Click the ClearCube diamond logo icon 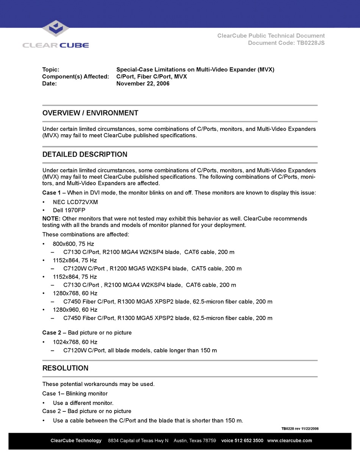click(x=55, y=28)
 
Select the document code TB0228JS click(x=310, y=43)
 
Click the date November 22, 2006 click(x=143, y=83)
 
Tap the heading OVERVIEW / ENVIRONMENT click(x=90, y=113)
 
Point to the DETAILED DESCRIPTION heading click(x=85, y=154)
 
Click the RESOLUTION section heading click(x=66, y=368)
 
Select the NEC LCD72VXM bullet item click(x=75, y=202)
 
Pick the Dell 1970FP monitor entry click(x=69, y=210)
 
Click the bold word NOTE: click(x=51, y=218)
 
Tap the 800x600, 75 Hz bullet click(x=74, y=244)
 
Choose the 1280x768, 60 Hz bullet click(x=75, y=293)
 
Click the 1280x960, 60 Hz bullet click(x=75, y=310)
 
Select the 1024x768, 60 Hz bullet click(x=75, y=342)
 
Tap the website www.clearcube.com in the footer click(x=290, y=441)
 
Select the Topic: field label click(x=51, y=70)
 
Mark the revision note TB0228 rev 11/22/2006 click(x=300, y=428)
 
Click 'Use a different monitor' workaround click(x=83, y=403)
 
